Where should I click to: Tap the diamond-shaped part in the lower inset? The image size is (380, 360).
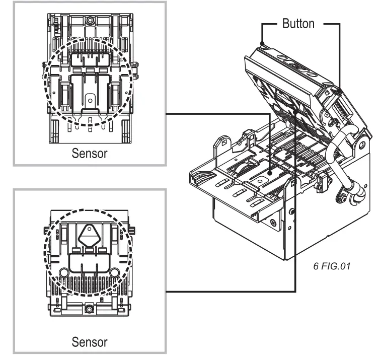[x=89, y=234]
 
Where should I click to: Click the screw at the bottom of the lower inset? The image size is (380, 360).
[x=89, y=308]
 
